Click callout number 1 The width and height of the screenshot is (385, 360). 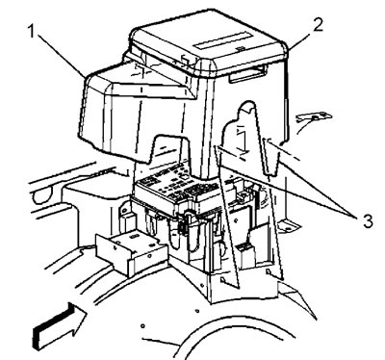(x=32, y=32)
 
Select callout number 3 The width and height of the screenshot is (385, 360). (x=368, y=220)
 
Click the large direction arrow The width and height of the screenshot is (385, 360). (x=61, y=325)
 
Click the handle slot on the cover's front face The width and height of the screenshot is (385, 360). (x=247, y=73)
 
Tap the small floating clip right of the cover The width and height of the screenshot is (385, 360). (x=314, y=117)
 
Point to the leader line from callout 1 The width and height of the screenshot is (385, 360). (x=61, y=55)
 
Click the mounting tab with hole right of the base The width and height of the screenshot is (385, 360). (x=288, y=226)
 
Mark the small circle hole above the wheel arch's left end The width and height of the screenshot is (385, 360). (x=142, y=326)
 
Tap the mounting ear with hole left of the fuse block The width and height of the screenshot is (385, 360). (x=123, y=210)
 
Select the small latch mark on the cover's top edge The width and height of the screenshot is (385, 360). (x=239, y=49)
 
